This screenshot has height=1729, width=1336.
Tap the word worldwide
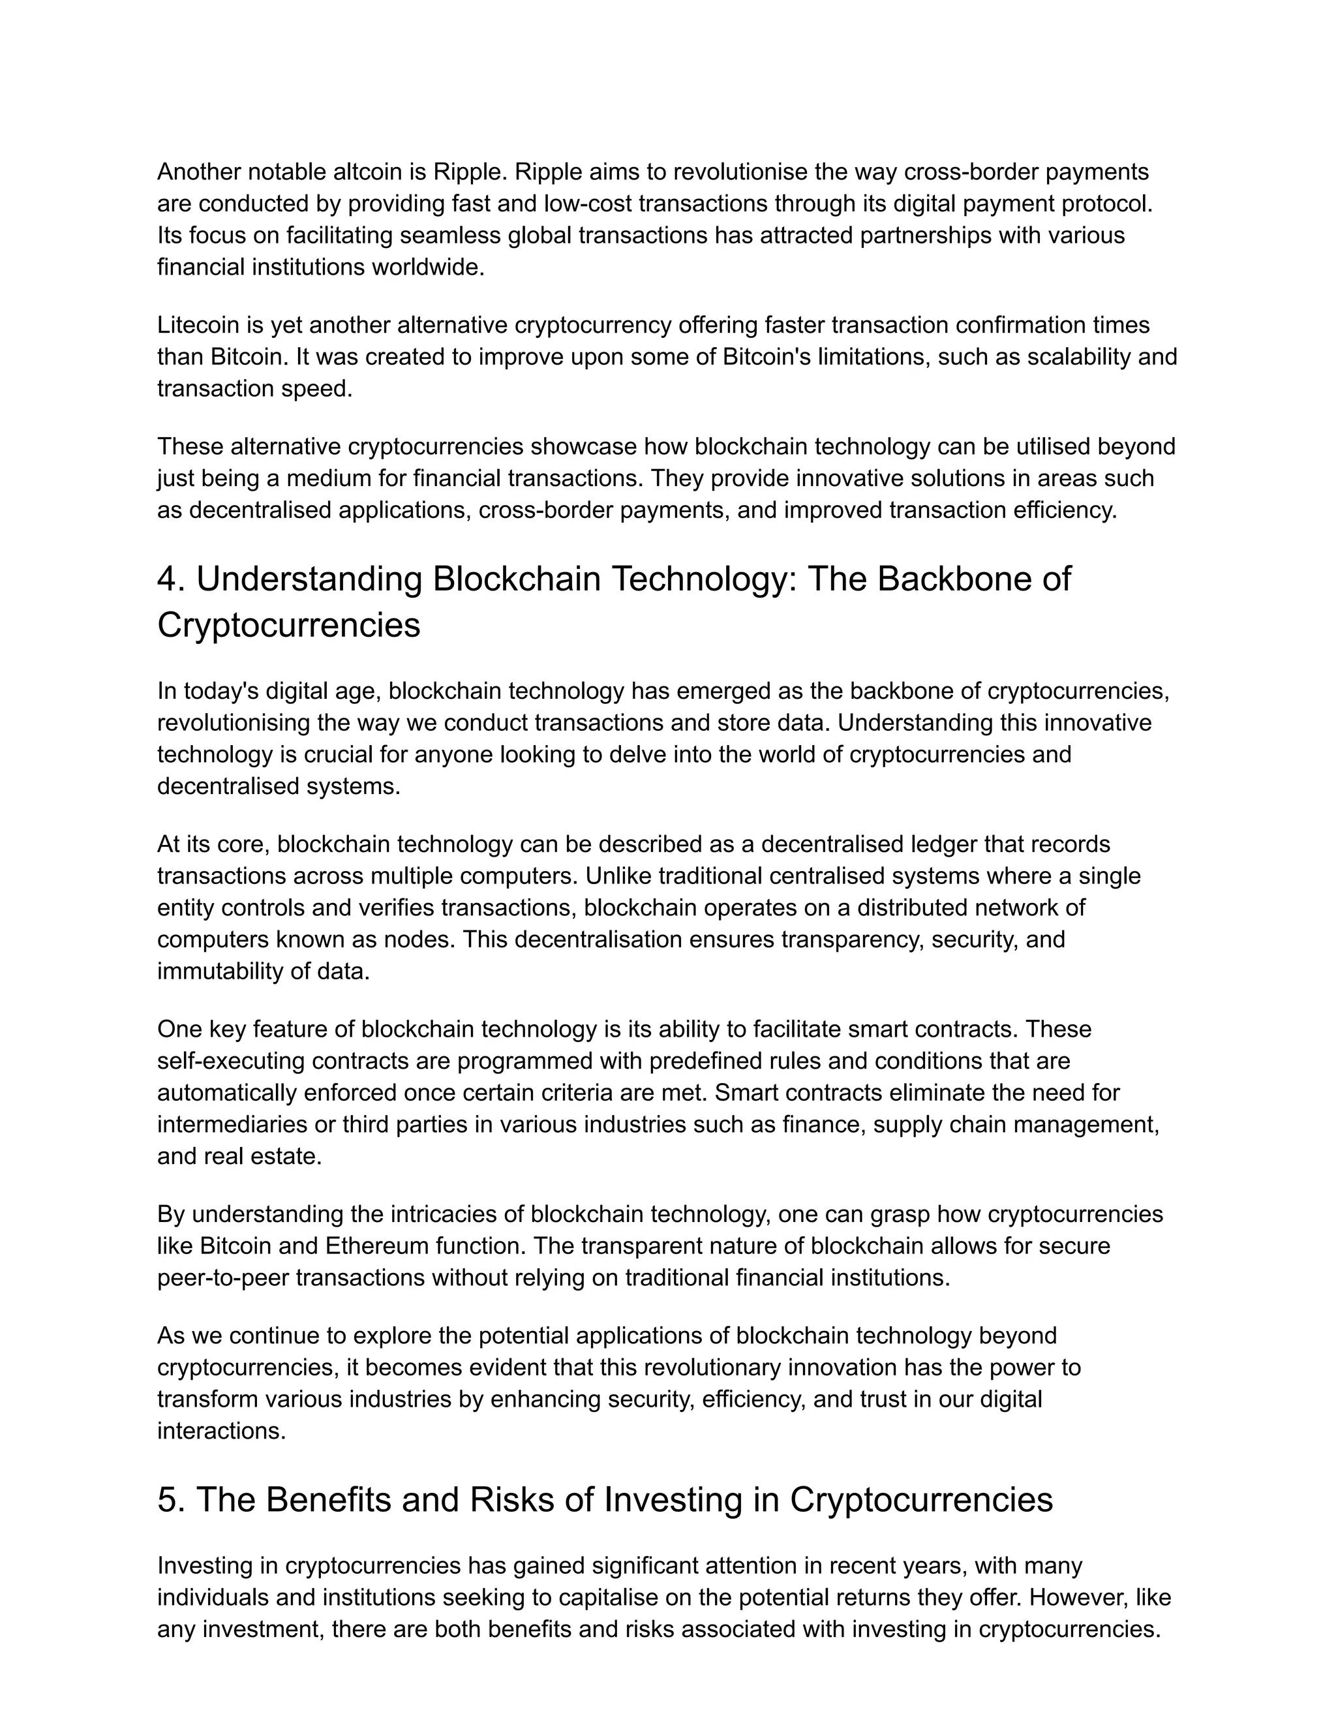click(427, 267)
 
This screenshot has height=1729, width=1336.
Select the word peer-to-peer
click(223, 1278)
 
